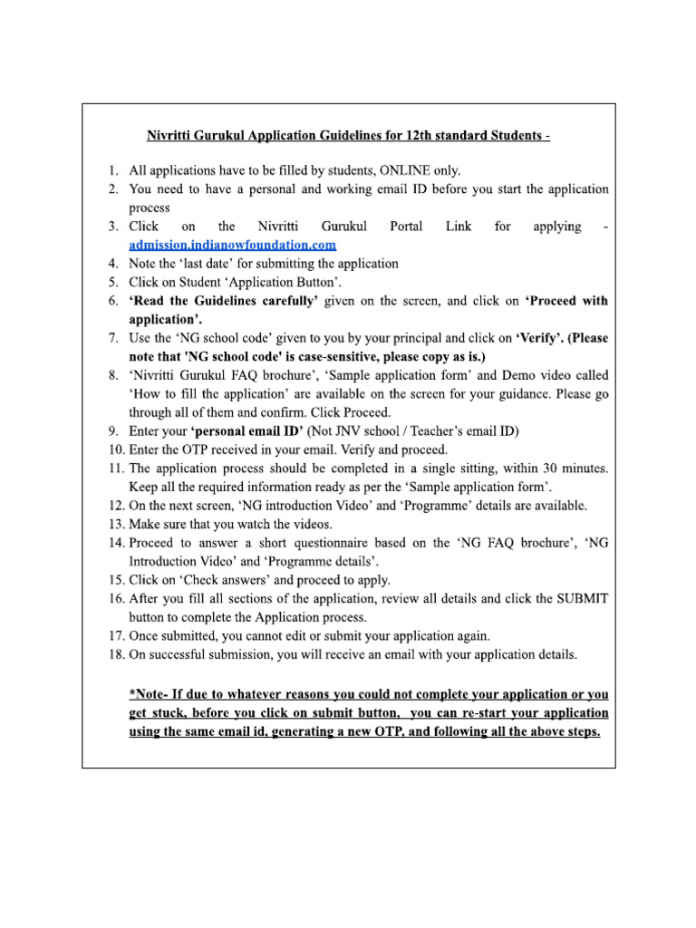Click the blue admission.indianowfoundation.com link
(233, 245)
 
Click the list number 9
(113, 430)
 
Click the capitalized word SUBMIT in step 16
(580, 599)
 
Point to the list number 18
(115, 654)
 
